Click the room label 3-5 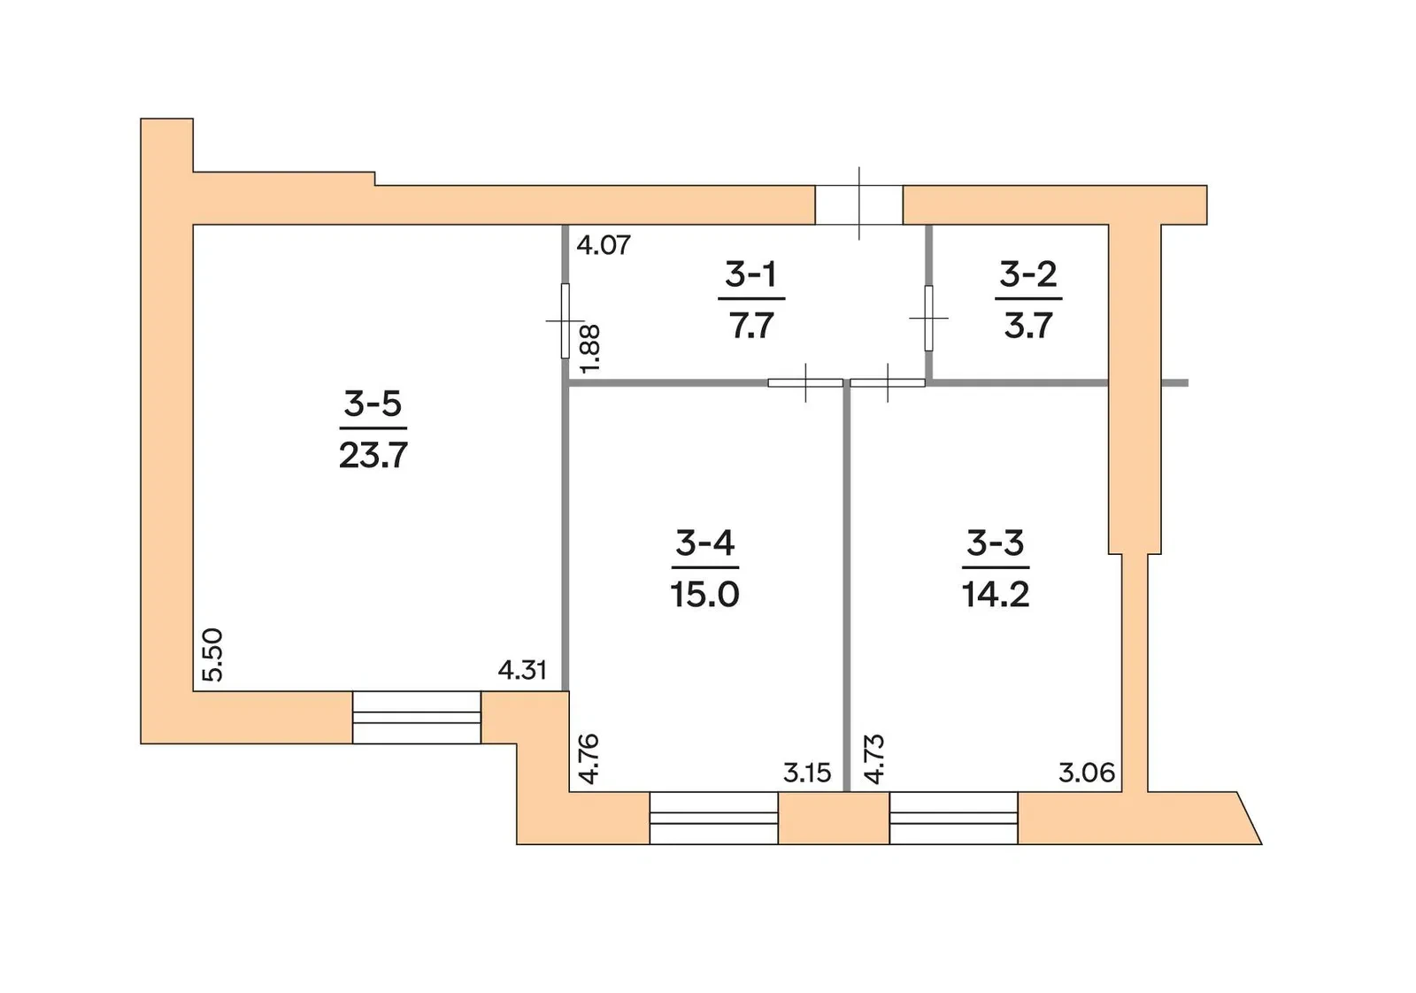pyautogui.click(x=373, y=404)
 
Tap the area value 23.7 pyautogui.click(x=373, y=455)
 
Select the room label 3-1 pyautogui.click(x=751, y=274)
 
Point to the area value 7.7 pyautogui.click(x=751, y=327)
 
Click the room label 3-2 pyautogui.click(x=1027, y=274)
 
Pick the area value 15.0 pyautogui.click(x=704, y=595)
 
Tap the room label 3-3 pyautogui.click(x=995, y=543)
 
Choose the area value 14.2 pyautogui.click(x=996, y=595)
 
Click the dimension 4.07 pyautogui.click(x=604, y=245)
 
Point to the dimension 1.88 pyautogui.click(x=589, y=349)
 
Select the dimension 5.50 pyautogui.click(x=213, y=655)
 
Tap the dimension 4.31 pyautogui.click(x=522, y=670)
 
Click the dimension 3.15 pyautogui.click(x=806, y=773)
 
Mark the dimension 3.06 pyautogui.click(x=1087, y=773)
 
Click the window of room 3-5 pyautogui.click(x=417, y=718)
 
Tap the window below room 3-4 pyautogui.click(x=713, y=818)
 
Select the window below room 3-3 pyautogui.click(x=953, y=818)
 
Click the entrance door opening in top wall pyautogui.click(x=858, y=204)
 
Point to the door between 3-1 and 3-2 pyautogui.click(x=928, y=318)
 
